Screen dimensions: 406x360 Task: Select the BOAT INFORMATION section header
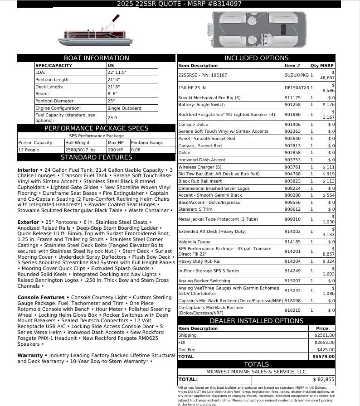pyautogui.click(x=96, y=58)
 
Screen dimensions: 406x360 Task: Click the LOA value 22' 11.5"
pyautogui.click(x=117, y=72)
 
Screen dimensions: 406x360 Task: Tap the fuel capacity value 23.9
pyautogui.click(x=112, y=117)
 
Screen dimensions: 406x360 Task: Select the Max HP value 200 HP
pyautogui.click(x=115, y=150)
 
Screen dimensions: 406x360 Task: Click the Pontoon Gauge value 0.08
pyautogui.click(x=136, y=150)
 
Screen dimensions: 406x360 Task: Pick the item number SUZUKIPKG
pyautogui.click(x=297, y=75)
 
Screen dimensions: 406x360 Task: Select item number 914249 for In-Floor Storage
pyautogui.click(x=292, y=271)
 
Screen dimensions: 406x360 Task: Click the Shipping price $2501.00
pyautogui.click(x=324, y=335)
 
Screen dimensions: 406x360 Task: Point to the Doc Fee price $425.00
pyautogui.click(x=326, y=349)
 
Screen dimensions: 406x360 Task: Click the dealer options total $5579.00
pyautogui.click(x=324, y=357)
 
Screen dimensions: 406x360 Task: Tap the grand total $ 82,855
pyautogui.click(x=324, y=379)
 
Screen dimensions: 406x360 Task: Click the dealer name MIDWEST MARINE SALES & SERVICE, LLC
pyautogui.click(x=256, y=372)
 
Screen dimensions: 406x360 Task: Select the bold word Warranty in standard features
pyautogui.click(x=30, y=356)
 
